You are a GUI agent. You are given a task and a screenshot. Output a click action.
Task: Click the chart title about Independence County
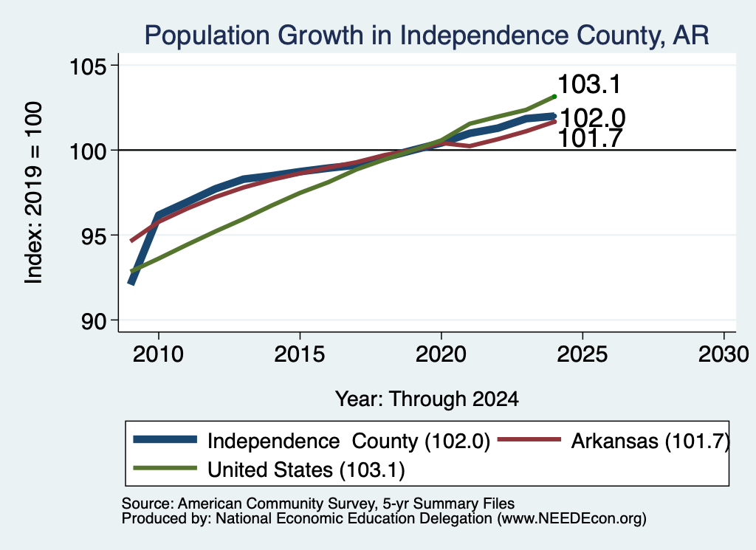427,35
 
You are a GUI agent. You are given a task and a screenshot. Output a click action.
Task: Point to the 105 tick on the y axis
89,66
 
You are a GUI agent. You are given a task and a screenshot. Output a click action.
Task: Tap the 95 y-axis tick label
94,236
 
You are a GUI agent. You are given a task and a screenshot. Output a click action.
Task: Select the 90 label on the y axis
94,321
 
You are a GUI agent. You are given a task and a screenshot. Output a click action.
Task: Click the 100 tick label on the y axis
89,151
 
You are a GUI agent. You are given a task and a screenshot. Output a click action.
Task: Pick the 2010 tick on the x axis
158,354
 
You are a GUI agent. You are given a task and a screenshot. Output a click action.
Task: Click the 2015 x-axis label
300,354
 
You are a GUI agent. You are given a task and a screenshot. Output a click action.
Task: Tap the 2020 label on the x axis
441,354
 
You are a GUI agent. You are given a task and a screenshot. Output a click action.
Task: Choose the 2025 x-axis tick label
582,354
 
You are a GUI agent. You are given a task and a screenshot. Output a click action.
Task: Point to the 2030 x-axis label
724,354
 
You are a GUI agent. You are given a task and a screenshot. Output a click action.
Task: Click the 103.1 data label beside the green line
589,84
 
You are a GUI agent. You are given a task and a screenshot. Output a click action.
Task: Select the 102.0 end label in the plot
593,117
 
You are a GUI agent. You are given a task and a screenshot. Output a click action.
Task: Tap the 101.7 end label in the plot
590,138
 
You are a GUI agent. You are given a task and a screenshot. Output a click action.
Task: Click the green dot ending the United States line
554,97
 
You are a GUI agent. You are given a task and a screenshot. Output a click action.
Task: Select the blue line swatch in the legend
165,439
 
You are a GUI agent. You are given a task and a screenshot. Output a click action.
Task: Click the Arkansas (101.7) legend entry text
650,441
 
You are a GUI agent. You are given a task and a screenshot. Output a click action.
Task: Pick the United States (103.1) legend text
306,470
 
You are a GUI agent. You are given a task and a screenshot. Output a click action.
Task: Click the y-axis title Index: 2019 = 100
33,193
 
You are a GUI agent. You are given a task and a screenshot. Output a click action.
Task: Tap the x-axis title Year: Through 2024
427,399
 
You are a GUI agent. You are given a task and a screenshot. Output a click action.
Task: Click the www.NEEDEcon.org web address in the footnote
572,519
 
